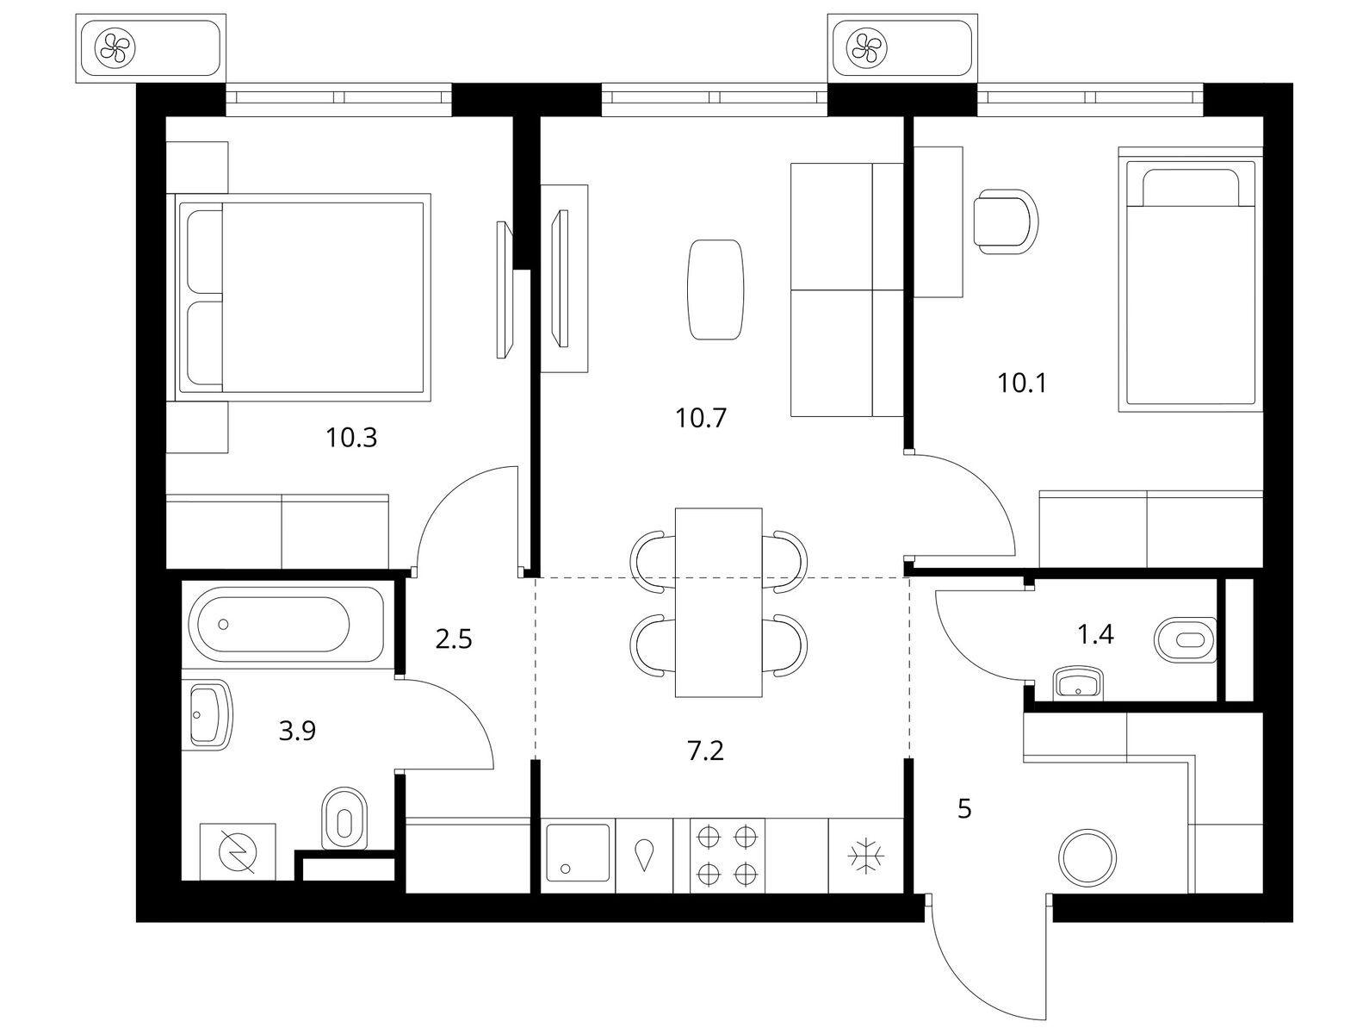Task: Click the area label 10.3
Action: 351,439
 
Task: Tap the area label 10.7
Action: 702,419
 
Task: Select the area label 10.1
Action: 1021,383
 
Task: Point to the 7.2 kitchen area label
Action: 705,751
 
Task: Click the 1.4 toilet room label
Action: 1096,635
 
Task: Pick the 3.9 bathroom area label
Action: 297,732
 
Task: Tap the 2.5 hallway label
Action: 454,640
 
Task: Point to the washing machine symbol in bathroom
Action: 237,851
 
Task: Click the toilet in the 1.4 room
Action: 1184,640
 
